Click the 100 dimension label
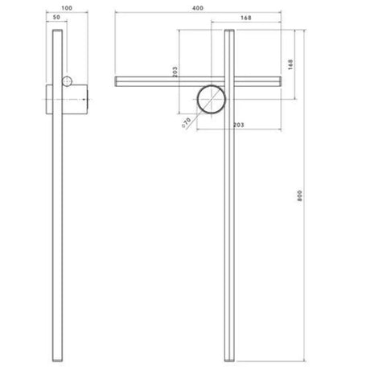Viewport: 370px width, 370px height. [x=67, y=8]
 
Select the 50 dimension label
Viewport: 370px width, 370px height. [x=56, y=17]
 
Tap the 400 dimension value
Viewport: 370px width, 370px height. [x=198, y=8]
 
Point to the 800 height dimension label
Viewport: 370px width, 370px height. [x=299, y=195]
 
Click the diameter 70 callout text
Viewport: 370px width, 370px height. [x=187, y=122]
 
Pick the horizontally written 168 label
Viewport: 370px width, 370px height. [x=246, y=18]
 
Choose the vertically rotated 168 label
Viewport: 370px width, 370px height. [x=290, y=64]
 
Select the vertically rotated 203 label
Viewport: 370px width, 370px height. [x=175, y=72]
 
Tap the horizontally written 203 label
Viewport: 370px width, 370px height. [x=238, y=125]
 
